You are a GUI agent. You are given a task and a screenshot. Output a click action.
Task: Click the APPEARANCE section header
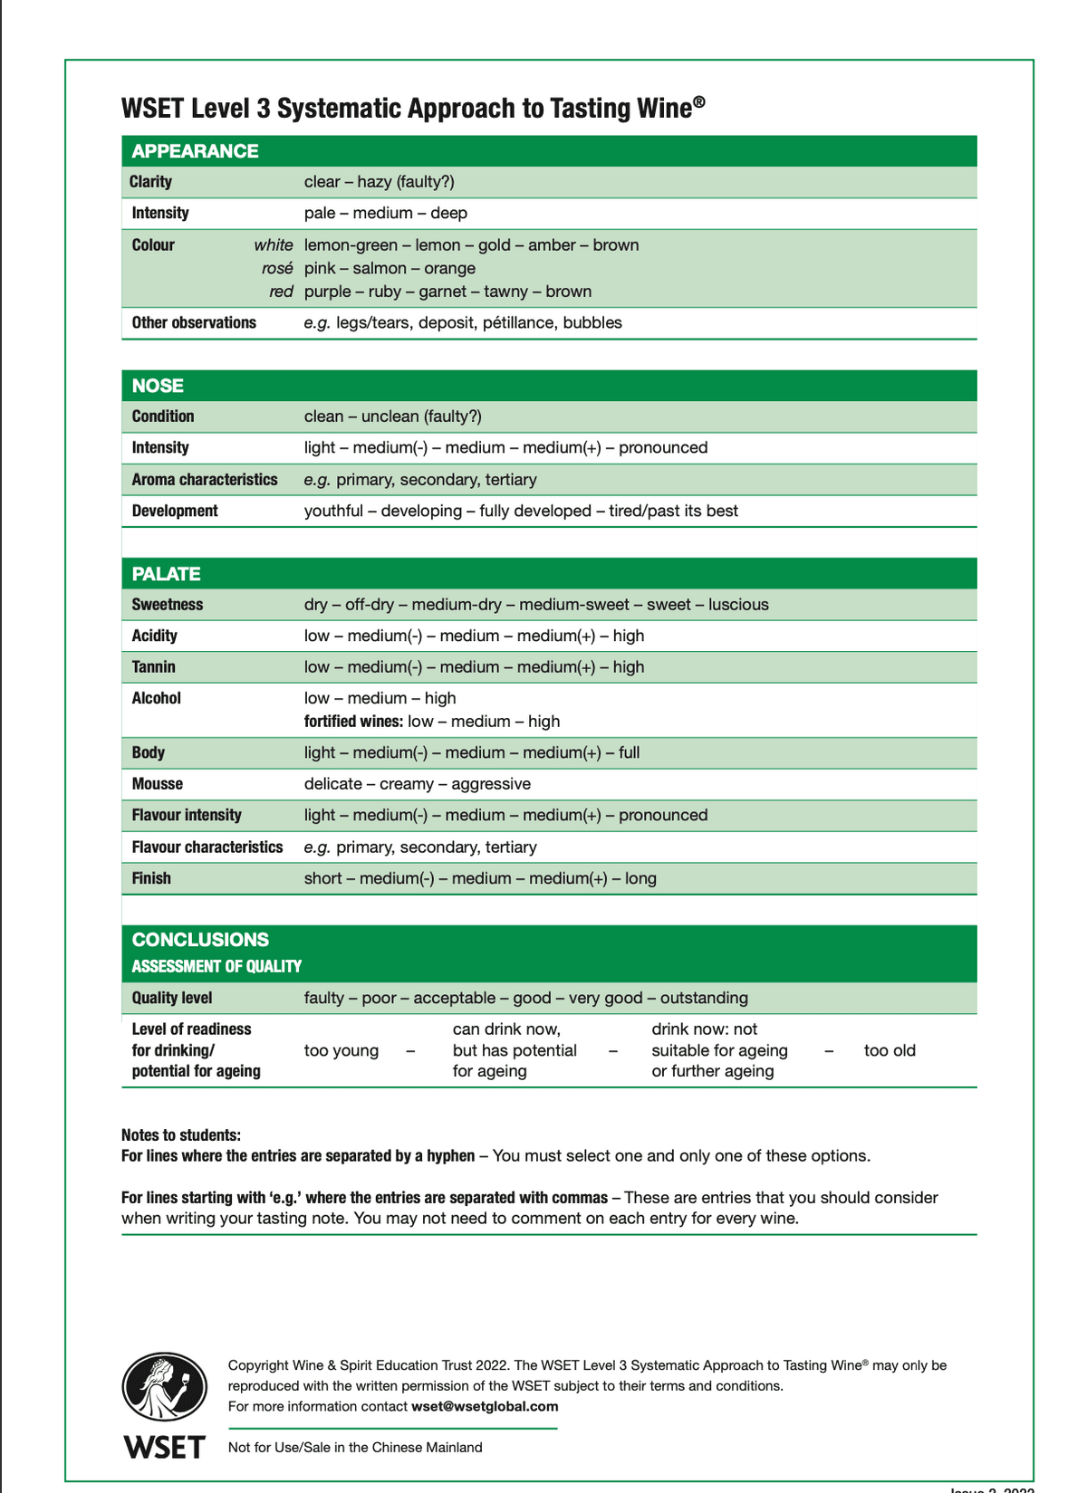coord(195,151)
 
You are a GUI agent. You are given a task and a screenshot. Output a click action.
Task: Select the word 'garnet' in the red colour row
coord(444,292)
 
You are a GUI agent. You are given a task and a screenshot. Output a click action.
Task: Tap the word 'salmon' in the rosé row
coord(380,268)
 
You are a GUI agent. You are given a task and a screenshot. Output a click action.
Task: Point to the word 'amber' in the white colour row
coord(553,245)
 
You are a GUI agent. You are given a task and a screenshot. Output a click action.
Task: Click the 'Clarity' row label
coord(150,182)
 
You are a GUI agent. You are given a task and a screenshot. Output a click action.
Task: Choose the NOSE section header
coord(158,386)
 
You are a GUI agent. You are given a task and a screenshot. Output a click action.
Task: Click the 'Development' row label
coord(175,511)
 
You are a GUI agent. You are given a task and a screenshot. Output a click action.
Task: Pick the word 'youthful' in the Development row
coord(333,511)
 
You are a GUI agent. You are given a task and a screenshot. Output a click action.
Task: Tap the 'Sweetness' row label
coord(168,605)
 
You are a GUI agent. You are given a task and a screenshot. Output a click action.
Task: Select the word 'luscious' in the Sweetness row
coord(738,605)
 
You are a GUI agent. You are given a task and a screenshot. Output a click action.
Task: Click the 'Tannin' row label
coord(154,667)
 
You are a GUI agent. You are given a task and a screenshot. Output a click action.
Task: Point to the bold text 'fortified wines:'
coord(353,722)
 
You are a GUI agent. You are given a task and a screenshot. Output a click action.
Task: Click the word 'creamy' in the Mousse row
coord(407,784)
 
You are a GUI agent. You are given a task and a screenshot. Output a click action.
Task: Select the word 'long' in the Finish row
coord(640,878)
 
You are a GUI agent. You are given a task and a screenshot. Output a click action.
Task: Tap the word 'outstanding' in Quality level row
coord(704,998)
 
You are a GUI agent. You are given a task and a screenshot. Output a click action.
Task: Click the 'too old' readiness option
coord(890,1050)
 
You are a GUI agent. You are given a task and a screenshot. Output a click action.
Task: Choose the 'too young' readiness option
coord(341,1050)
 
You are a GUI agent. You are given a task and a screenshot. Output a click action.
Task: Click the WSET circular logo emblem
coord(164,1386)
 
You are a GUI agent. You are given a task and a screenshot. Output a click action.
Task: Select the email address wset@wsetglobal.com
coord(485,1406)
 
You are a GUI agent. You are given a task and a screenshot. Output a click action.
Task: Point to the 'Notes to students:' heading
coord(181,1135)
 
